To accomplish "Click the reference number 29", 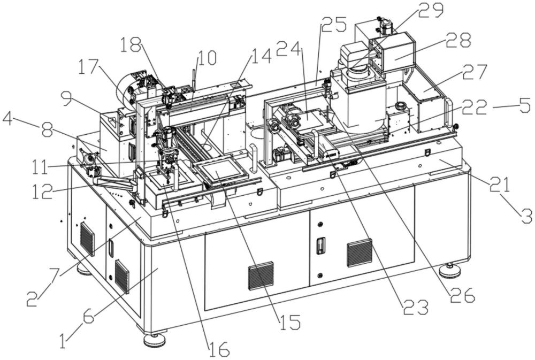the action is [x=431, y=11].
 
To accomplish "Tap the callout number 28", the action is [x=458, y=40].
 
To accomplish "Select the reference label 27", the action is [x=475, y=72].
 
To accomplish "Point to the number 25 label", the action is [x=334, y=25].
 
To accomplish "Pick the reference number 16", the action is [x=219, y=349].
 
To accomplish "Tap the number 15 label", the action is [x=289, y=322].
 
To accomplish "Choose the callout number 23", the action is [x=416, y=308].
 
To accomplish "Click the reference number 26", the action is [x=462, y=295].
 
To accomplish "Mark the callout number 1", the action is [x=63, y=341].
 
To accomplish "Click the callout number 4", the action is [x=7, y=120].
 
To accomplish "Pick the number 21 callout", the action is [x=500, y=185].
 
